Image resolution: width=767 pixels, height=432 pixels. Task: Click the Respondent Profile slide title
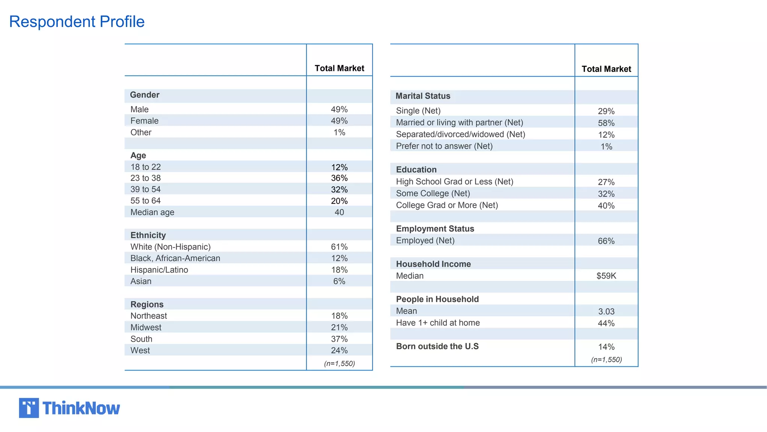[x=77, y=22]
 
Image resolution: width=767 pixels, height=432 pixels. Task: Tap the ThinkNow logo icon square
[x=29, y=408]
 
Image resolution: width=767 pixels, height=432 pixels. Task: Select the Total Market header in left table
[x=339, y=68]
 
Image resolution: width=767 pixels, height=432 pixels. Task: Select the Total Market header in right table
[x=606, y=69]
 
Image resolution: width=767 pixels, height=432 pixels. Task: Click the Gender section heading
[x=145, y=95]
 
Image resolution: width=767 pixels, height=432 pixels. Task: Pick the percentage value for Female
[x=339, y=121]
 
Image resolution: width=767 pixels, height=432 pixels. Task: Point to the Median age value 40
[x=339, y=212]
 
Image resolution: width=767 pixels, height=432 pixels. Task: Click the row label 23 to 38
[x=146, y=178]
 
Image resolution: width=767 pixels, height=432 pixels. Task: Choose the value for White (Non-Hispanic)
[x=339, y=247]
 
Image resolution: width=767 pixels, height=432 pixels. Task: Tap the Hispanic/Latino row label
[x=159, y=270]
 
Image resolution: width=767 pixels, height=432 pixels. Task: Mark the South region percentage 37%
[x=339, y=339]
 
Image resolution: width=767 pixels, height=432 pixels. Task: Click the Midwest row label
[x=146, y=327]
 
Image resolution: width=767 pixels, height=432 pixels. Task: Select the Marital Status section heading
[x=423, y=96]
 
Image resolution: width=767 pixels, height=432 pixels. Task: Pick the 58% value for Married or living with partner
[x=606, y=123]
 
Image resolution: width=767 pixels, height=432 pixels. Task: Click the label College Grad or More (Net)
[x=447, y=205]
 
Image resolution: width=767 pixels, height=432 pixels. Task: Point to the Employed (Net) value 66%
[x=606, y=241]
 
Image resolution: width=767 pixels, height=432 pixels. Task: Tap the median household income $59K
[x=606, y=276]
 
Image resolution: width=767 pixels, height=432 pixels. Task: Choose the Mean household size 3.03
[x=606, y=312]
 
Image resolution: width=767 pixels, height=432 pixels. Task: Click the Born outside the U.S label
[x=437, y=346]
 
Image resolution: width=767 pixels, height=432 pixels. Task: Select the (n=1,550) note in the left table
[x=339, y=363]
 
